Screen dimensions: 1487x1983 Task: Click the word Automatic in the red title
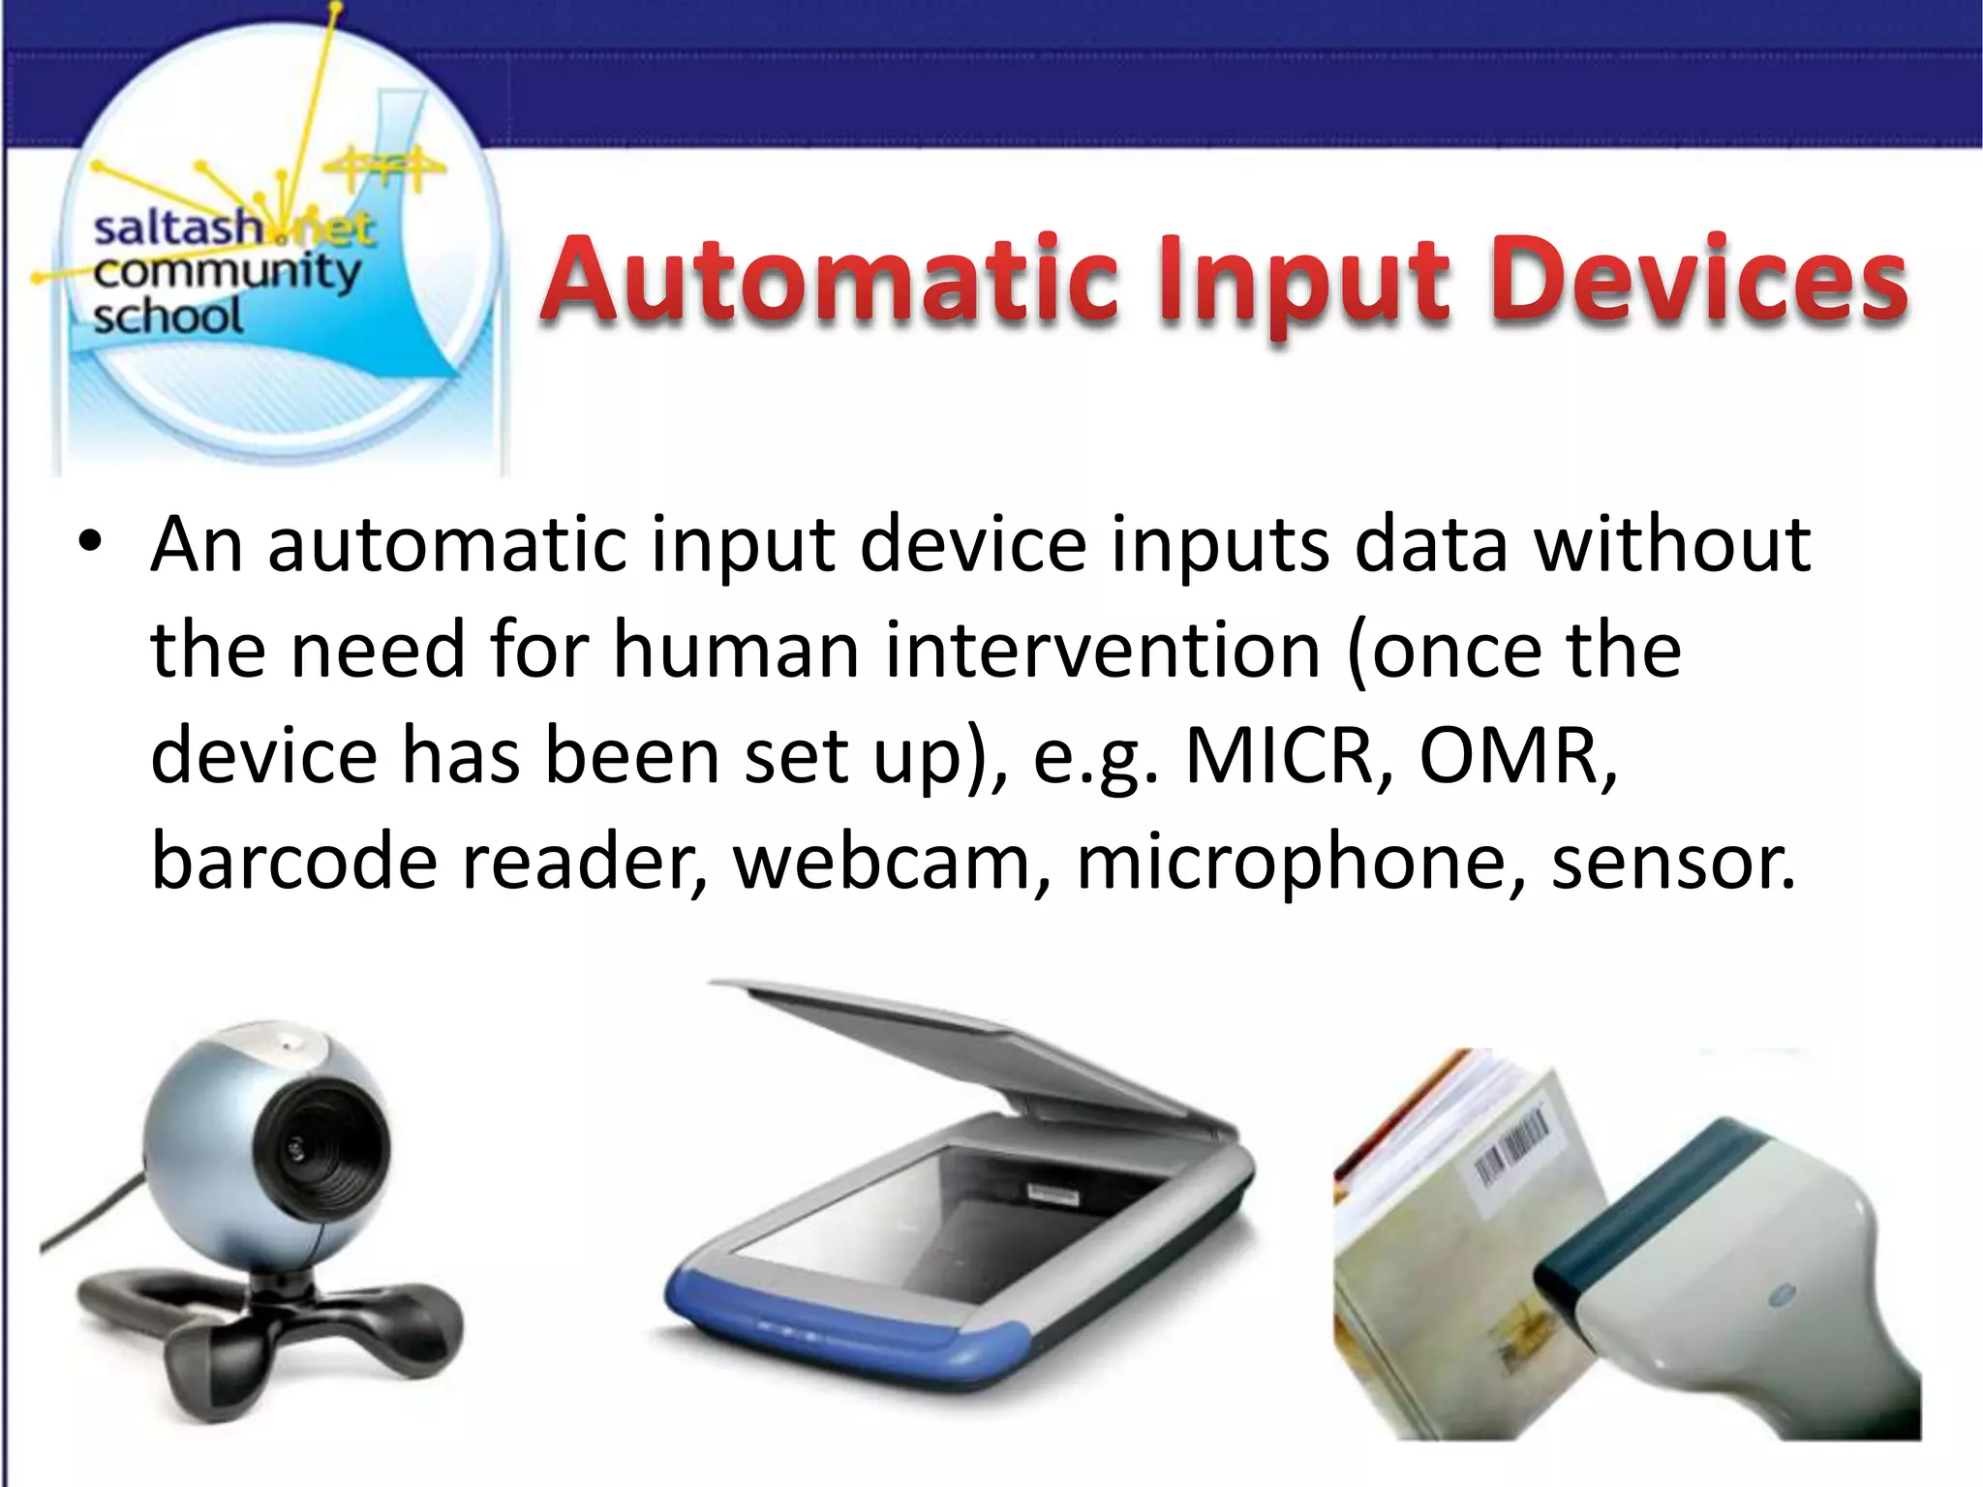coord(828,281)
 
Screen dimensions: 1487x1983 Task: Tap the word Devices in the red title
coord(1699,281)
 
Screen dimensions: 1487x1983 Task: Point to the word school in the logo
coord(168,317)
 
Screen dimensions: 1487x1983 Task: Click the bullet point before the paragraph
coord(90,543)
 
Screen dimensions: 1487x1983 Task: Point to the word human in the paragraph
coord(736,650)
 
